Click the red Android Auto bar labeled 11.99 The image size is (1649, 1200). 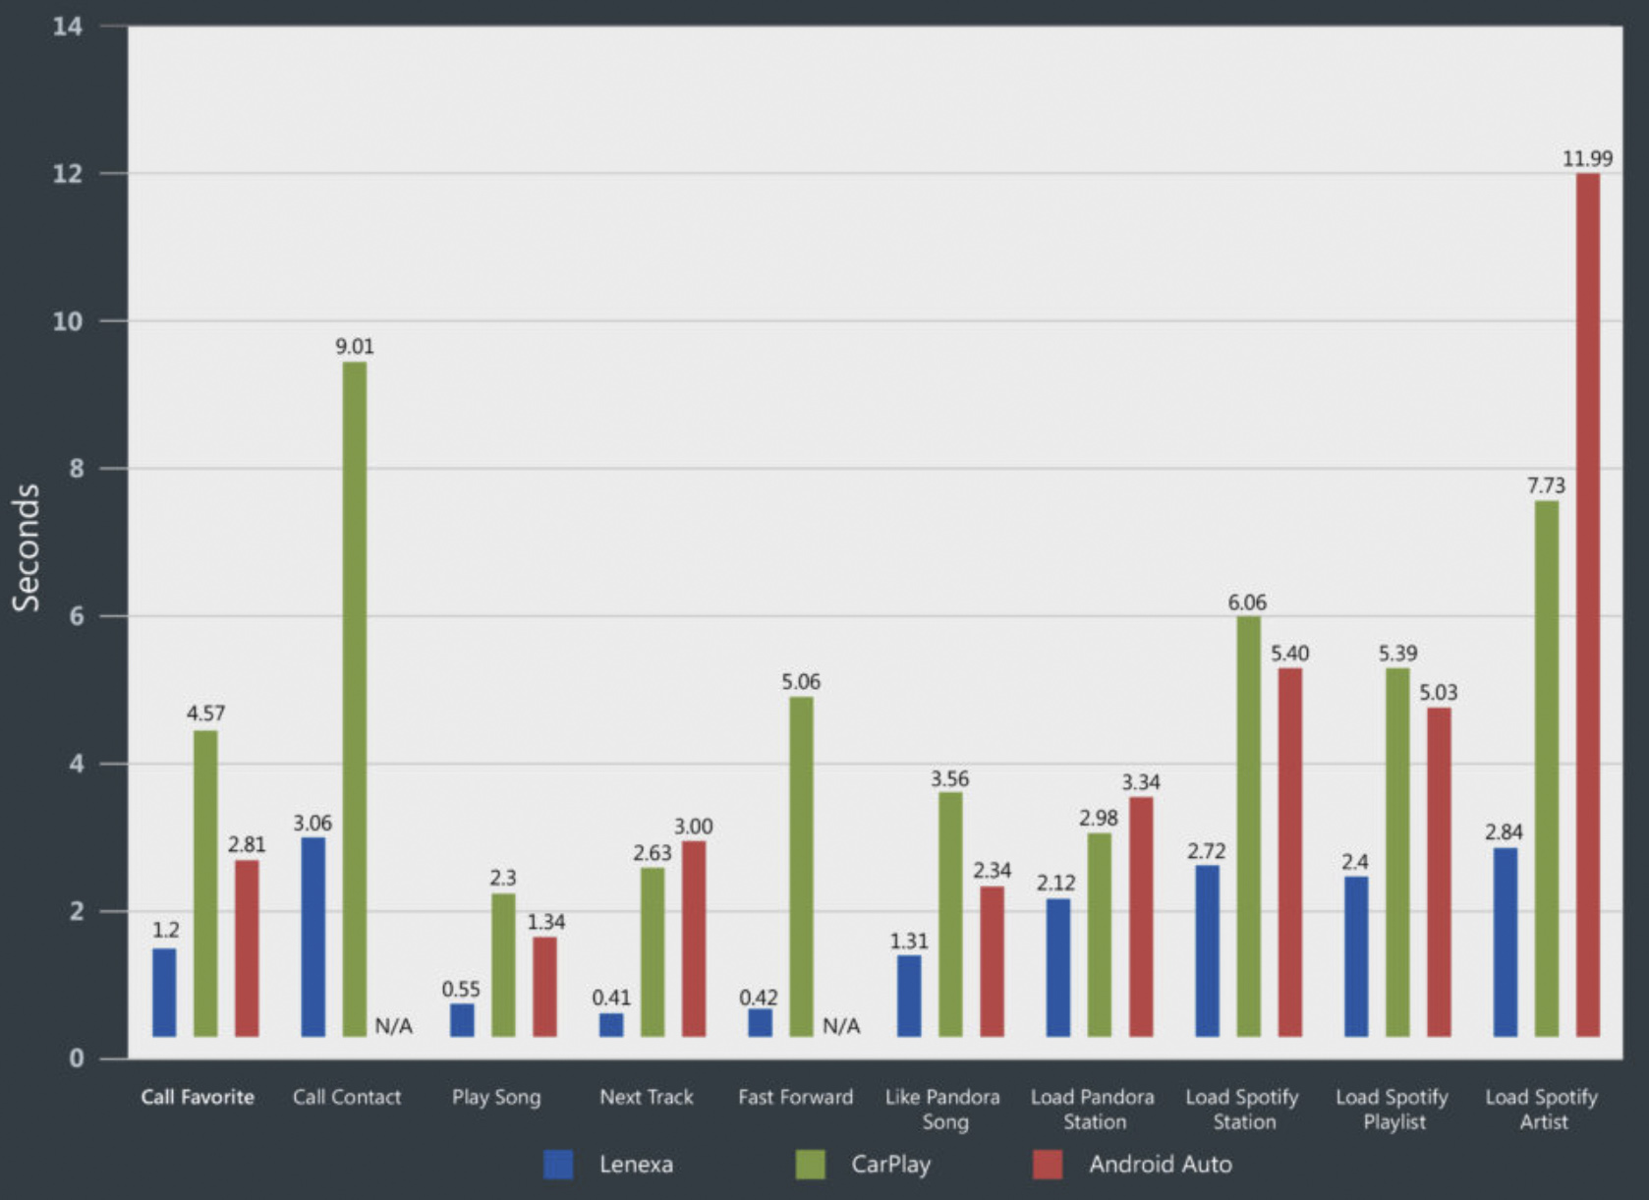point(1587,604)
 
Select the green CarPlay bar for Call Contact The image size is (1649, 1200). point(355,699)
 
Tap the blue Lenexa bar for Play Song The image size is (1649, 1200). point(462,1020)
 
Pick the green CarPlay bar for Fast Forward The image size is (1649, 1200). point(801,866)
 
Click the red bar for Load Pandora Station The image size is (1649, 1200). point(1141,916)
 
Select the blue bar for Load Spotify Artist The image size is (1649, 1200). point(1505,942)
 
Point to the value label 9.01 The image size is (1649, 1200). point(355,346)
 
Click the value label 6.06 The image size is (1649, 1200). point(1247,601)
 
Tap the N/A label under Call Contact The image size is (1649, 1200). point(394,1026)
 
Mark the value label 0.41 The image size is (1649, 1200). point(611,998)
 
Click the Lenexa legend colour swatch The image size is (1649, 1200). point(558,1165)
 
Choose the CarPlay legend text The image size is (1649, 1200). point(890,1165)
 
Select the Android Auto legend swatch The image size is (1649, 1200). point(1048,1165)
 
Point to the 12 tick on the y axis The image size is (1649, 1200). point(68,174)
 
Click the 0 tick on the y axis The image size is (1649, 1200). point(76,1058)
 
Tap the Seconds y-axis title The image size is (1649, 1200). point(27,547)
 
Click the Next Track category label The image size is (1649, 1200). point(647,1097)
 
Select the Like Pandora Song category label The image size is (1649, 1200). point(943,1109)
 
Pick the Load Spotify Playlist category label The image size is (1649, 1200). point(1393,1109)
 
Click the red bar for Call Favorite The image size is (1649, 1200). point(247,948)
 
